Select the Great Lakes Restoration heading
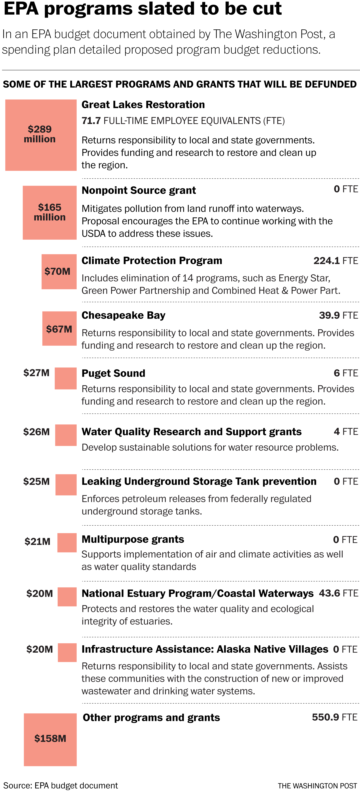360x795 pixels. (x=143, y=105)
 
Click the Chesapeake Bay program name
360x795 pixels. (x=123, y=315)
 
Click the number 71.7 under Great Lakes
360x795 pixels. (x=91, y=121)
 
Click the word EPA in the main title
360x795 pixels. (x=21, y=9)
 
